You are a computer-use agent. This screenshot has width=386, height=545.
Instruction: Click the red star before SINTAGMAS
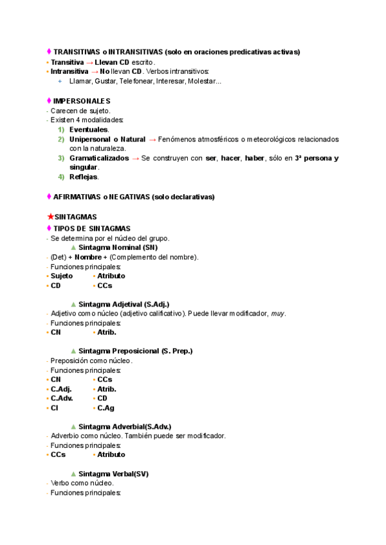(x=51, y=217)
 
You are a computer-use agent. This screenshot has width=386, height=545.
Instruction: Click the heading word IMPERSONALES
(x=82, y=101)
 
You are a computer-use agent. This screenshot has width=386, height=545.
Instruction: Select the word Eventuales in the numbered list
(x=89, y=129)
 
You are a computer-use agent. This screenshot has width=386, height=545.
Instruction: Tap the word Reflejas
(x=84, y=177)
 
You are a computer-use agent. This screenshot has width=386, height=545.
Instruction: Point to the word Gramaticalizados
(x=98, y=157)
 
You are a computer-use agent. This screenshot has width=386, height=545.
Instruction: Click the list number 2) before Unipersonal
(x=61, y=139)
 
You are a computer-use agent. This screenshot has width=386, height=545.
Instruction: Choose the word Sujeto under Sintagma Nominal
(x=62, y=276)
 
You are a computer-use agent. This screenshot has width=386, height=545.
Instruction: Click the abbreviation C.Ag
(x=106, y=407)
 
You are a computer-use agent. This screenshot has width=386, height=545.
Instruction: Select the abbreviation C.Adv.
(x=62, y=398)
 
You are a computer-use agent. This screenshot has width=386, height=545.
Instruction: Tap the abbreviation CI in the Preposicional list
(x=55, y=407)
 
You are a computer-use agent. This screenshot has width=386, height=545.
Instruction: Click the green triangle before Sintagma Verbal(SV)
(x=73, y=474)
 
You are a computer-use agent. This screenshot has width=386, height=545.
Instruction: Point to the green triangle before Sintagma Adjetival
(x=73, y=303)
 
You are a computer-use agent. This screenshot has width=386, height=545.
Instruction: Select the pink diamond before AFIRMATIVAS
(x=49, y=196)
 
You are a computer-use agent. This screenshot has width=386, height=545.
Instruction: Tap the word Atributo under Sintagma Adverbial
(x=111, y=454)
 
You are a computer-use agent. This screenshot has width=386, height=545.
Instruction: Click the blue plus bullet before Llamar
(x=60, y=81)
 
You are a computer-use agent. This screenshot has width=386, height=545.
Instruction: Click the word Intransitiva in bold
(x=69, y=71)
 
